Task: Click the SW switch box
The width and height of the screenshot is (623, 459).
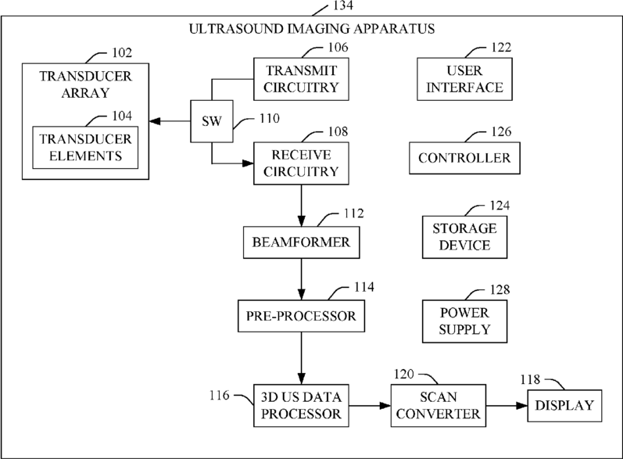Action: tap(212, 121)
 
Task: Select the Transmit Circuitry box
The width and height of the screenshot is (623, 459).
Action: tap(301, 79)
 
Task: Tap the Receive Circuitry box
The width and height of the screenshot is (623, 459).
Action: tap(301, 163)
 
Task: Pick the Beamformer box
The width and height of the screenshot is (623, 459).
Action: tap(301, 242)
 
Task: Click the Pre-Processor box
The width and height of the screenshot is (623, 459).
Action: tap(301, 316)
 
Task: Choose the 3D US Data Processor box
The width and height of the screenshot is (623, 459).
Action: tap(301, 405)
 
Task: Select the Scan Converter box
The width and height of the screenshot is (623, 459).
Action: tap(439, 405)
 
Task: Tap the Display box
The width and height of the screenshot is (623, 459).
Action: tap(564, 406)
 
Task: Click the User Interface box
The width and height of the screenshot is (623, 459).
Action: tap(464, 79)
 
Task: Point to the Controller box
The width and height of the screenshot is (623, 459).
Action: tap(464, 158)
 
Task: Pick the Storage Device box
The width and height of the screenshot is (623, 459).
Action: tap(464, 237)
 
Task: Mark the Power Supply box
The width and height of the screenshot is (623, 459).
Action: tap(464, 321)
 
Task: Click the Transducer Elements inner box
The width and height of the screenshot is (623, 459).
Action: tap(85, 148)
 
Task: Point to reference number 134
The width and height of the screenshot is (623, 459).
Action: tap(343, 5)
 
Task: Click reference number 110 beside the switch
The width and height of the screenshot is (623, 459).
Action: tap(270, 118)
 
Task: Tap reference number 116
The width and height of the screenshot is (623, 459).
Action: tap(220, 396)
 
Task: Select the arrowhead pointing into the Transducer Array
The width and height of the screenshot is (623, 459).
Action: tap(155, 121)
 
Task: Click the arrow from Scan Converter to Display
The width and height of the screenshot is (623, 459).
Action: tap(507, 406)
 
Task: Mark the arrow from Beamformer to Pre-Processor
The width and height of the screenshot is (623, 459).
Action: tap(301, 279)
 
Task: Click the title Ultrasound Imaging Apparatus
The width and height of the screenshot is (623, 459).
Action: tap(312, 29)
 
